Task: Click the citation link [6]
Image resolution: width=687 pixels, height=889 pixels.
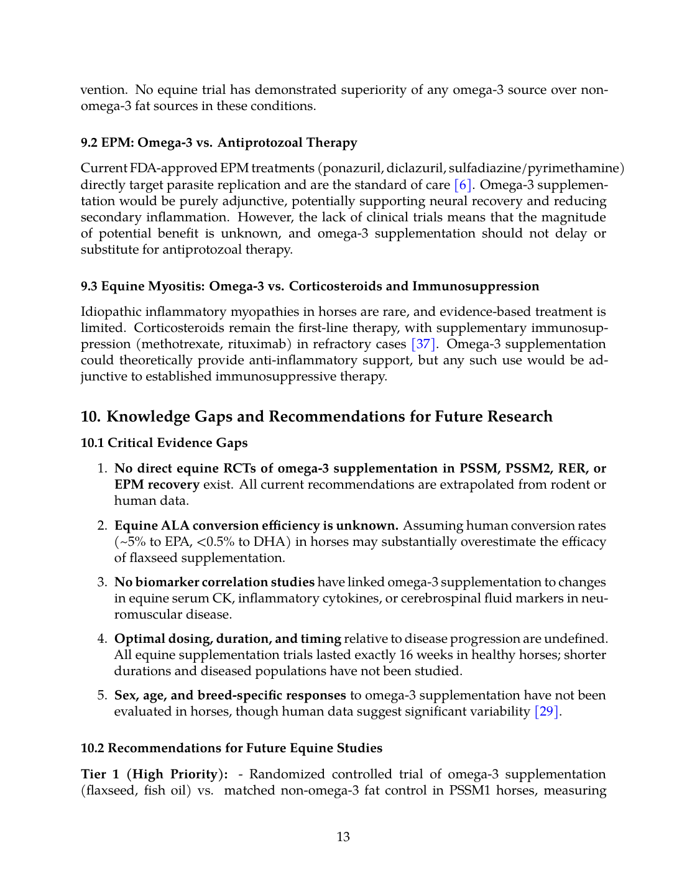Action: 464,185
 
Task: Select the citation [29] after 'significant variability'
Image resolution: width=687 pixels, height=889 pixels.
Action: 547,711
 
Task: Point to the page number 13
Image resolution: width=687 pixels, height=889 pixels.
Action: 343,837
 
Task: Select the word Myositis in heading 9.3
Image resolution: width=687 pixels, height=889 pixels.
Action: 176,286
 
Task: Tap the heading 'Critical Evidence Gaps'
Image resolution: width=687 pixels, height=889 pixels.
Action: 177,443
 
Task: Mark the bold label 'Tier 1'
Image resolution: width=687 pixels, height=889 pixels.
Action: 101,774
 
